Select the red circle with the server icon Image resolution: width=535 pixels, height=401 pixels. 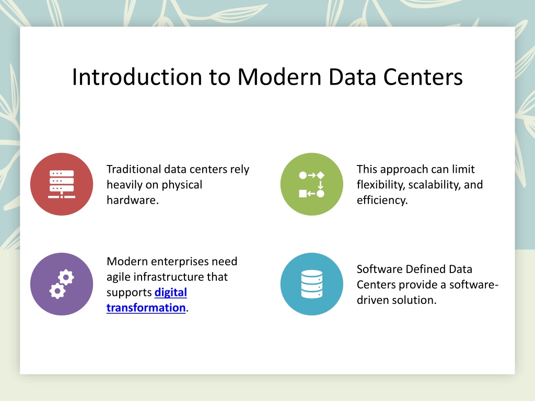click(x=62, y=184)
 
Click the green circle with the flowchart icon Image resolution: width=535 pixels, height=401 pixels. click(x=312, y=184)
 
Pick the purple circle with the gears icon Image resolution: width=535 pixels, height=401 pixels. click(x=62, y=284)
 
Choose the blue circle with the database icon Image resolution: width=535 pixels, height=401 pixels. click(x=312, y=284)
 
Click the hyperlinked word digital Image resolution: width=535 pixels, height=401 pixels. click(x=171, y=292)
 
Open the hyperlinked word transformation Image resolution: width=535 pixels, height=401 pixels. click(x=146, y=308)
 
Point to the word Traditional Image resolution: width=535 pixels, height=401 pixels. click(x=134, y=169)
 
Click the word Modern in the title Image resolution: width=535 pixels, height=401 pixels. click(x=279, y=77)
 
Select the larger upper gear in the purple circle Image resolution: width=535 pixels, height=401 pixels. click(x=66, y=278)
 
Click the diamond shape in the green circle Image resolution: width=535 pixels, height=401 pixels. click(x=320, y=175)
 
